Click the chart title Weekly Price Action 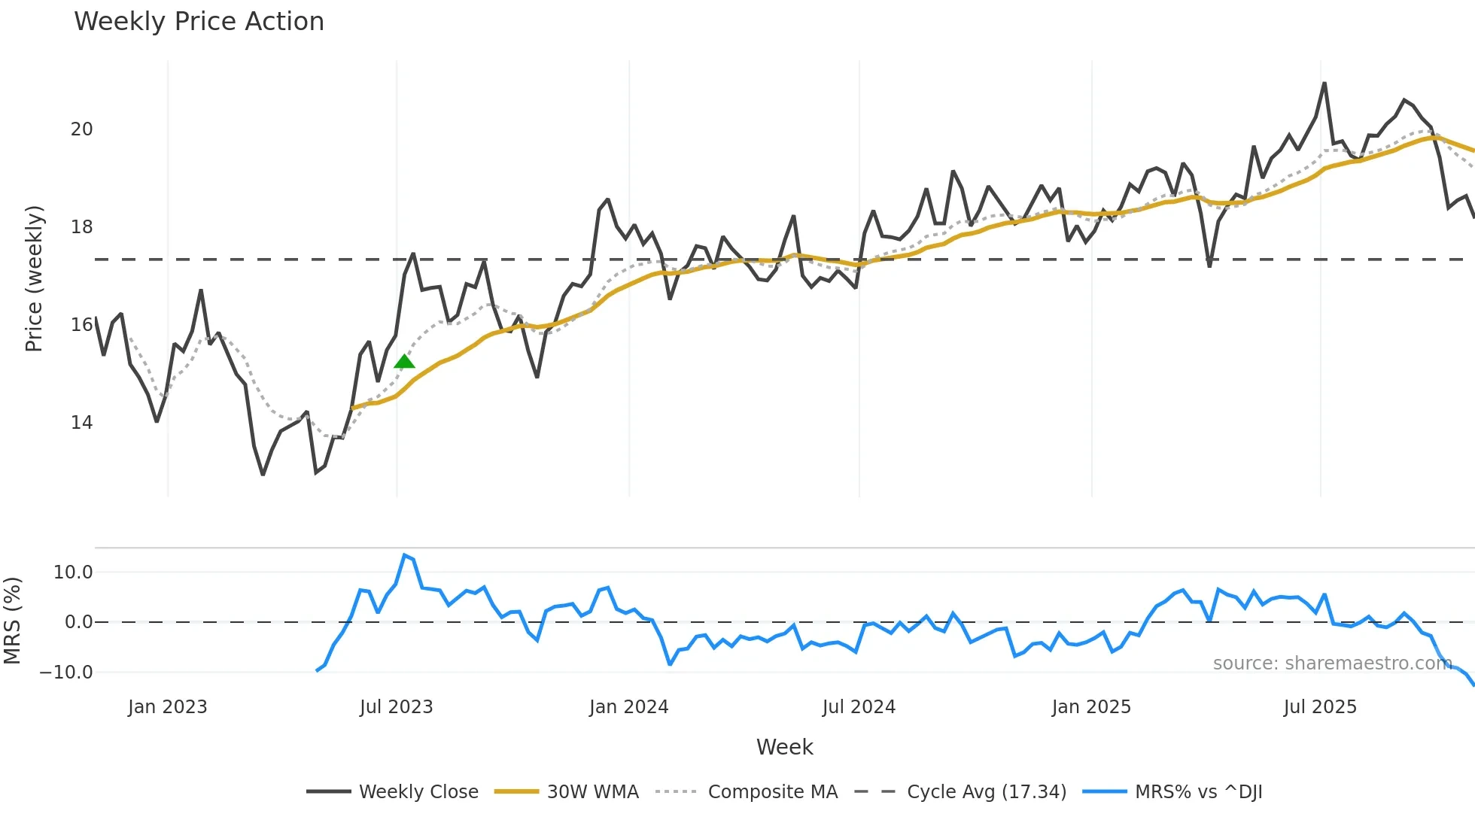[x=199, y=22]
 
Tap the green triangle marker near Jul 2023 [x=404, y=362]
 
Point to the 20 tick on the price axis [x=81, y=129]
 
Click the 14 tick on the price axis [x=81, y=423]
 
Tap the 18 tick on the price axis [x=81, y=227]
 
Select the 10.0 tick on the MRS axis [x=73, y=572]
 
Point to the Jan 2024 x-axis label [x=628, y=707]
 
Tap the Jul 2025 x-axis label [x=1320, y=707]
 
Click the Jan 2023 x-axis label [x=167, y=707]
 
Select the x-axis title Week [x=784, y=747]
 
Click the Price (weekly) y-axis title [x=34, y=278]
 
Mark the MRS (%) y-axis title [x=12, y=621]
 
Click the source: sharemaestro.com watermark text [x=1332, y=664]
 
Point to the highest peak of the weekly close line [x=1324, y=84]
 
